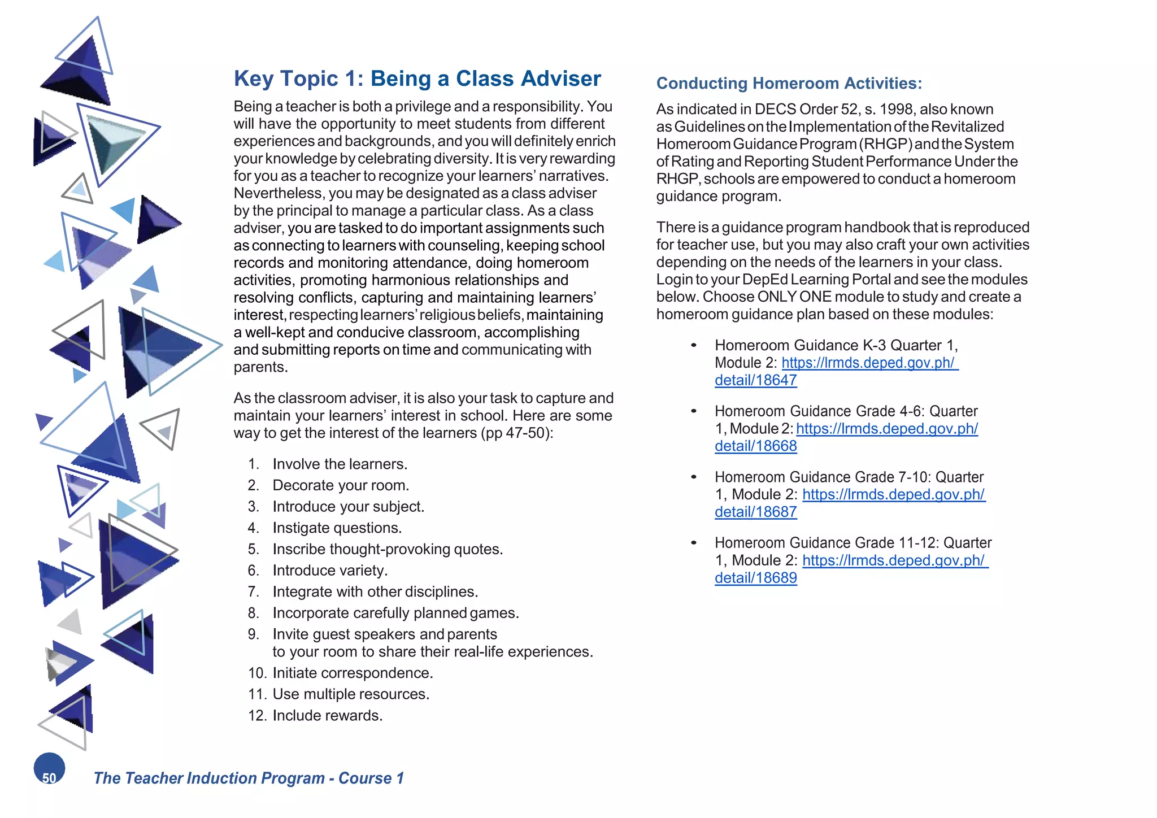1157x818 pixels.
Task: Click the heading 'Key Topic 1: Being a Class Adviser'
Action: point(417,79)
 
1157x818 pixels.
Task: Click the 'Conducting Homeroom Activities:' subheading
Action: point(789,84)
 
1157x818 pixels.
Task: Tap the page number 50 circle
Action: point(49,769)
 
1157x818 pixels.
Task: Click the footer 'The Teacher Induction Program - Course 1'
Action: point(249,778)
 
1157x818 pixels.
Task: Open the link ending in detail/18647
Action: point(755,380)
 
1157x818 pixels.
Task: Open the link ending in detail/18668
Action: point(755,446)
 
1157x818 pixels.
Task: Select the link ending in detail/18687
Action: point(755,512)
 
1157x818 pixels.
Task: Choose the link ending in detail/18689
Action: point(755,578)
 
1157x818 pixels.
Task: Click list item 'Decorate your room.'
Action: point(341,485)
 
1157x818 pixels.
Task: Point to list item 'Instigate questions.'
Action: point(337,528)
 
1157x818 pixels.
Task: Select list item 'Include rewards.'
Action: point(327,715)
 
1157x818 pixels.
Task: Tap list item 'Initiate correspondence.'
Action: point(353,673)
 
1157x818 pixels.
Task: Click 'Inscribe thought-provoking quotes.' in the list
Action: point(388,549)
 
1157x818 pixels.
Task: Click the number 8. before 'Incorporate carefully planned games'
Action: point(253,613)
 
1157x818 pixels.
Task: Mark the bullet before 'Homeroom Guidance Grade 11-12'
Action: point(693,543)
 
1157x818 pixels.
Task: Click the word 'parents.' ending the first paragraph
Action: point(260,367)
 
